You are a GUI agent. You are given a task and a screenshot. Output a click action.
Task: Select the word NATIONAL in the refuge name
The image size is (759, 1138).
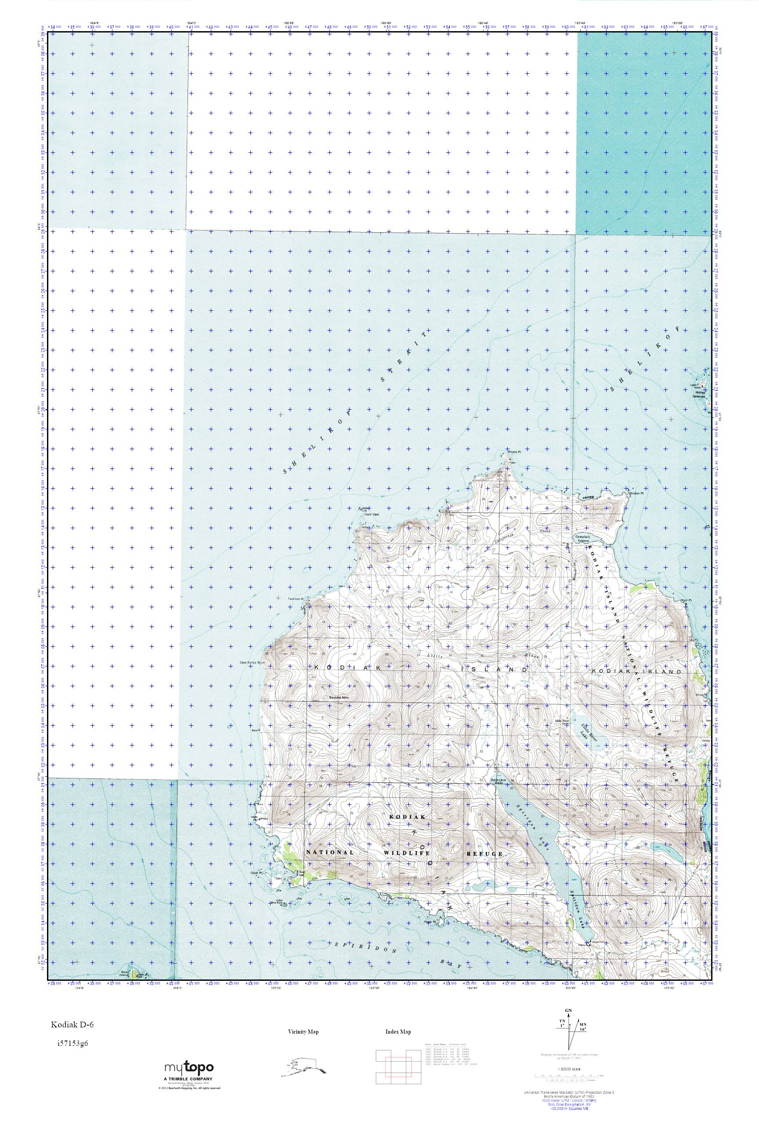pos(330,852)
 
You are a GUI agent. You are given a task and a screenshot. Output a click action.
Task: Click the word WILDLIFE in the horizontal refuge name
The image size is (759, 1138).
pos(406,853)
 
